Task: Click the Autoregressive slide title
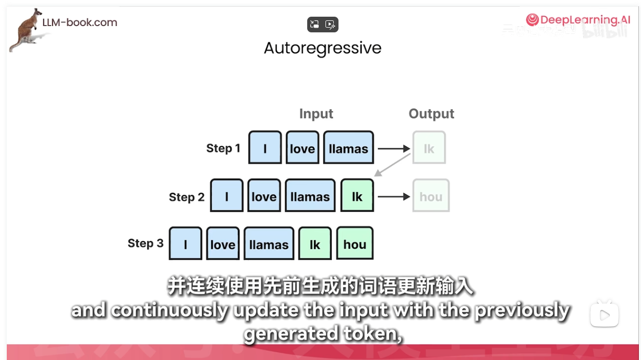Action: [322, 48]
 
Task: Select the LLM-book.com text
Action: [80, 22]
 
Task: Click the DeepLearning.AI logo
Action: [578, 20]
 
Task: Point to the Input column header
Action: [316, 114]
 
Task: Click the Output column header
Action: [431, 114]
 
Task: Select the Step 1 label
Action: [223, 148]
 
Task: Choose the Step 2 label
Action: [186, 197]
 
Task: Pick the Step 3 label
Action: [146, 244]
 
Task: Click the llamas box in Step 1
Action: [348, 148]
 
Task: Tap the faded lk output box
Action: [429, 148]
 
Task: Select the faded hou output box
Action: [431, 197]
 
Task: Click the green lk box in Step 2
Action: [357, 196]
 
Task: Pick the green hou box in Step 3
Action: [355, 244]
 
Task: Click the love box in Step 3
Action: [223, 244]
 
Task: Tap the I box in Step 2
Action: [227, 196]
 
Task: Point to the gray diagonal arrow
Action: [392, 164]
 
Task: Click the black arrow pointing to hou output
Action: [394, 197]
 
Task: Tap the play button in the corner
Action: [604, 315]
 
